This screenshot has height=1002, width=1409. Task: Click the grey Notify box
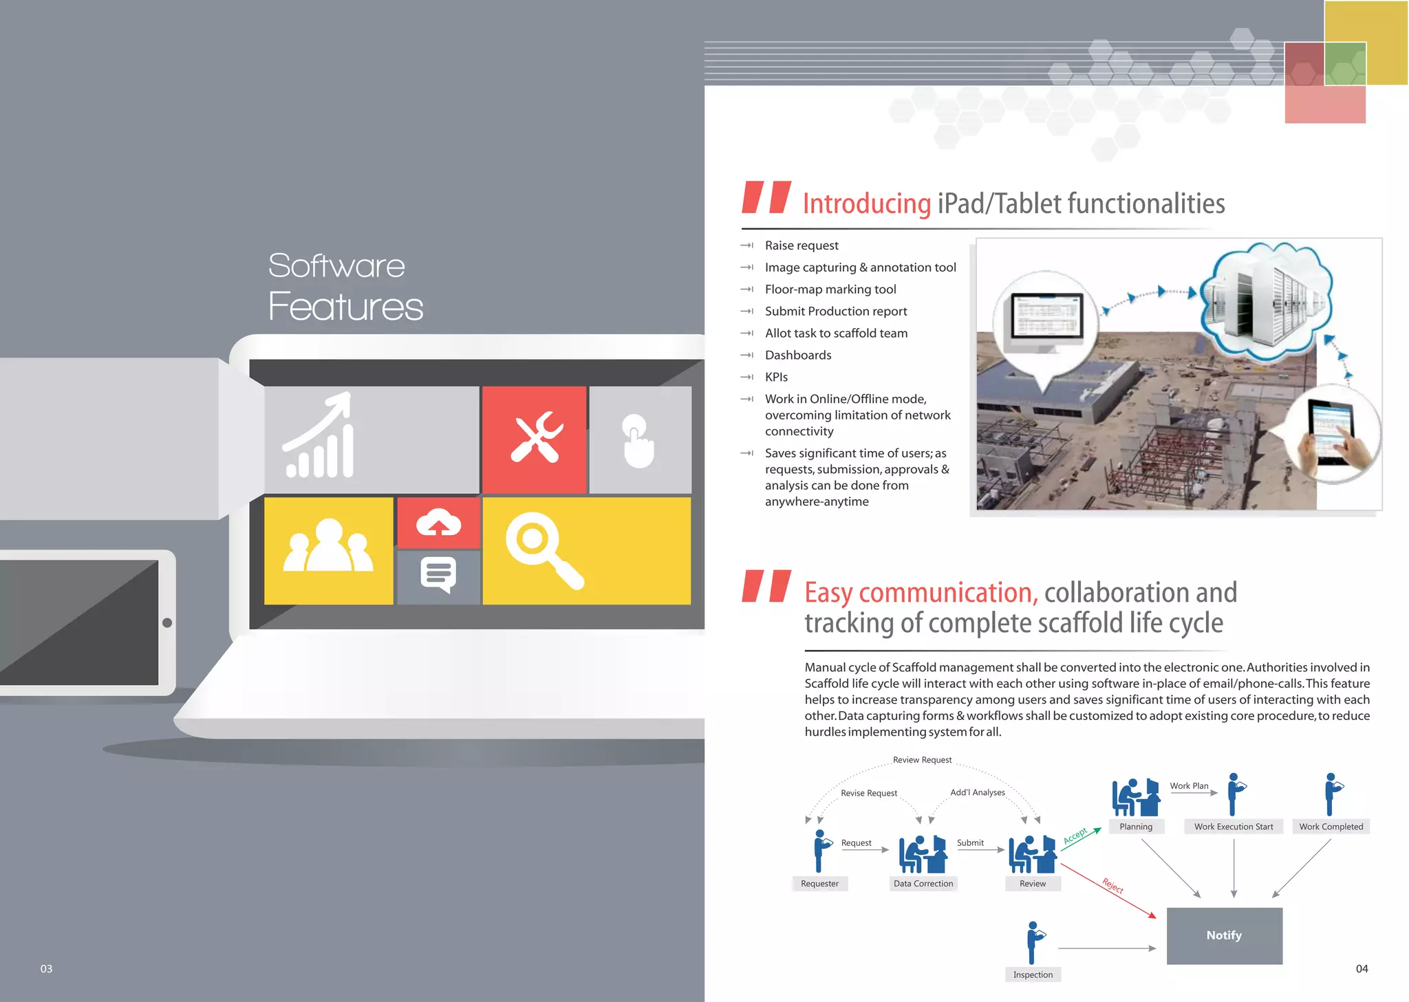(x=1224, y=935)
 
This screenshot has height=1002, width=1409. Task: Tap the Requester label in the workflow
(x=819, y=884)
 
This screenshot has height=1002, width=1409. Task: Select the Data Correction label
(x=923, y=884)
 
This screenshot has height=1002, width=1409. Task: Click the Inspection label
(x=1033, y=974)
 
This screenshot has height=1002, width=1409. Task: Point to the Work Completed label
(x=1331, y=827)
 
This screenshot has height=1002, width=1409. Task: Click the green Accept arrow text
(x=1075, y=836)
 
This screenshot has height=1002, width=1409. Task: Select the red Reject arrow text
(x=1112, y=886)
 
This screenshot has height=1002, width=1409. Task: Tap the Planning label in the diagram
(x=1135, y=827)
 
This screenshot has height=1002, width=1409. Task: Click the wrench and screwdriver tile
(x=535, y=439)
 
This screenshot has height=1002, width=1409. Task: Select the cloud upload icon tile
(x=438, y=523)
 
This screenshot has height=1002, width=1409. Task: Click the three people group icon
(x=328, y=548)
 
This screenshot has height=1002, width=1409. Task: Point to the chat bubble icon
(x=438, y=574)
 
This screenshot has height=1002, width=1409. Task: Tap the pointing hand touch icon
(x=638, y=441)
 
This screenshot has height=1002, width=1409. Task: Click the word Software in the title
(x=336, y=266)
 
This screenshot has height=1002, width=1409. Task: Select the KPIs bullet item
(x=776, y=377)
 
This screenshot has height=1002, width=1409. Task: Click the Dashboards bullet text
(x=798, y=355)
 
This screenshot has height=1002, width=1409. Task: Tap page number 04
(x=1362, y=968)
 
